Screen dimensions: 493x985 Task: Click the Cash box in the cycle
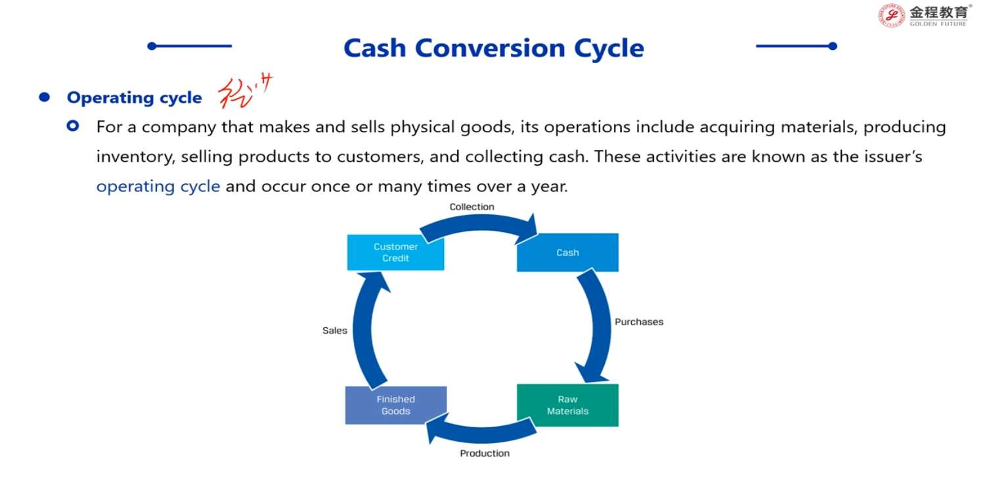(x=567, y=252)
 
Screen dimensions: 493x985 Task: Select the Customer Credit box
(x=395, y=252)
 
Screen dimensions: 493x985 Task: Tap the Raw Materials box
(x=567, y=405)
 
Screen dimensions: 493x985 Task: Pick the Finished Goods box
(x=395, y=405)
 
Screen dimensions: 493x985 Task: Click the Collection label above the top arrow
(x=471, y=207)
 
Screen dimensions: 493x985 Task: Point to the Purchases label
(x=638, y=322)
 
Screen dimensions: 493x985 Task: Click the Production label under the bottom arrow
(x=485, y=453)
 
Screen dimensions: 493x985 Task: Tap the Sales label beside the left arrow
(x=335, y=331)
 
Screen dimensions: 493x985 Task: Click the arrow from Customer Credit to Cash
(x=478, y=223)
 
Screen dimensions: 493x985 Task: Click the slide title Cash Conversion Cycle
(x=494, y=48)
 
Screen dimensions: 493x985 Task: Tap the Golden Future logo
(x=925, y=15)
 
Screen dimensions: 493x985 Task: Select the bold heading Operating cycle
(x=134, y=98)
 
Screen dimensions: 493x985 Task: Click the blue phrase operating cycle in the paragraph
(x=158, y=186)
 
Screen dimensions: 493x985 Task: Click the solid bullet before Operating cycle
(x=45, y=97)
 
